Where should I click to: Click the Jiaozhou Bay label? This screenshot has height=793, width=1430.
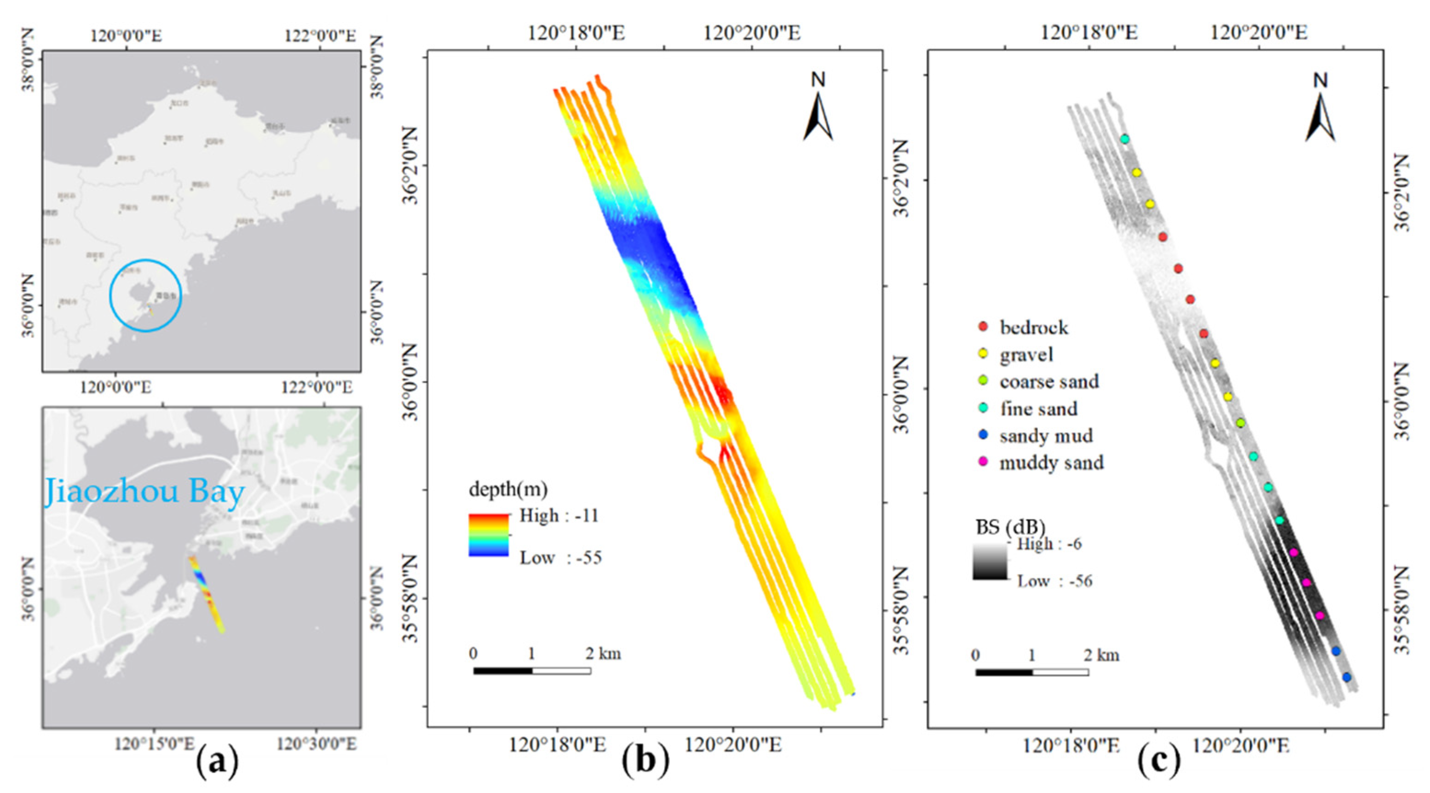pos(144,492)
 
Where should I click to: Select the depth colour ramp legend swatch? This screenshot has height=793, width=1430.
pos(489,535)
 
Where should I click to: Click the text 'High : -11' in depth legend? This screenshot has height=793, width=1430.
pos(559,516)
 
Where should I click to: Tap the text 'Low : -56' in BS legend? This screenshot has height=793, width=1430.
pos(1054,581)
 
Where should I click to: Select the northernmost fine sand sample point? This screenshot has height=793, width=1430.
pos(1124,139)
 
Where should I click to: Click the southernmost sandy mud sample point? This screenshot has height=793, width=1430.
pos(1346,677)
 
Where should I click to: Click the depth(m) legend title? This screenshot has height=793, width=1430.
pos(508,489)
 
